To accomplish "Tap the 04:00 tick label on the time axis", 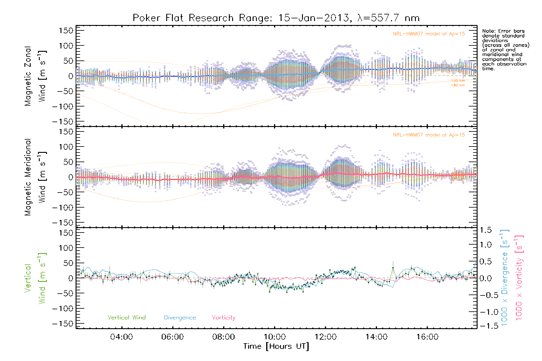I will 121,337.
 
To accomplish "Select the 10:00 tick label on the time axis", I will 275,337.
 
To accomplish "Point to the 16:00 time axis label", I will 427,337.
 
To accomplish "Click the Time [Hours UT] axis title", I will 276,346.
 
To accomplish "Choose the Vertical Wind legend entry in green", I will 126,317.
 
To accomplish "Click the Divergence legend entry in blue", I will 180,317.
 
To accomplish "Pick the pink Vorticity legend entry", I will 223,317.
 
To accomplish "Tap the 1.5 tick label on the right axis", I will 485,230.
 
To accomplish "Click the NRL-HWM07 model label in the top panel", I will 429,34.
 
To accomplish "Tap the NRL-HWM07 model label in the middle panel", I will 429,135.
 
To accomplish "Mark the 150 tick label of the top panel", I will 66,30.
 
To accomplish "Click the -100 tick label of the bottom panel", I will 63,308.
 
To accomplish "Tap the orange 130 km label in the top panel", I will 458,85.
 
